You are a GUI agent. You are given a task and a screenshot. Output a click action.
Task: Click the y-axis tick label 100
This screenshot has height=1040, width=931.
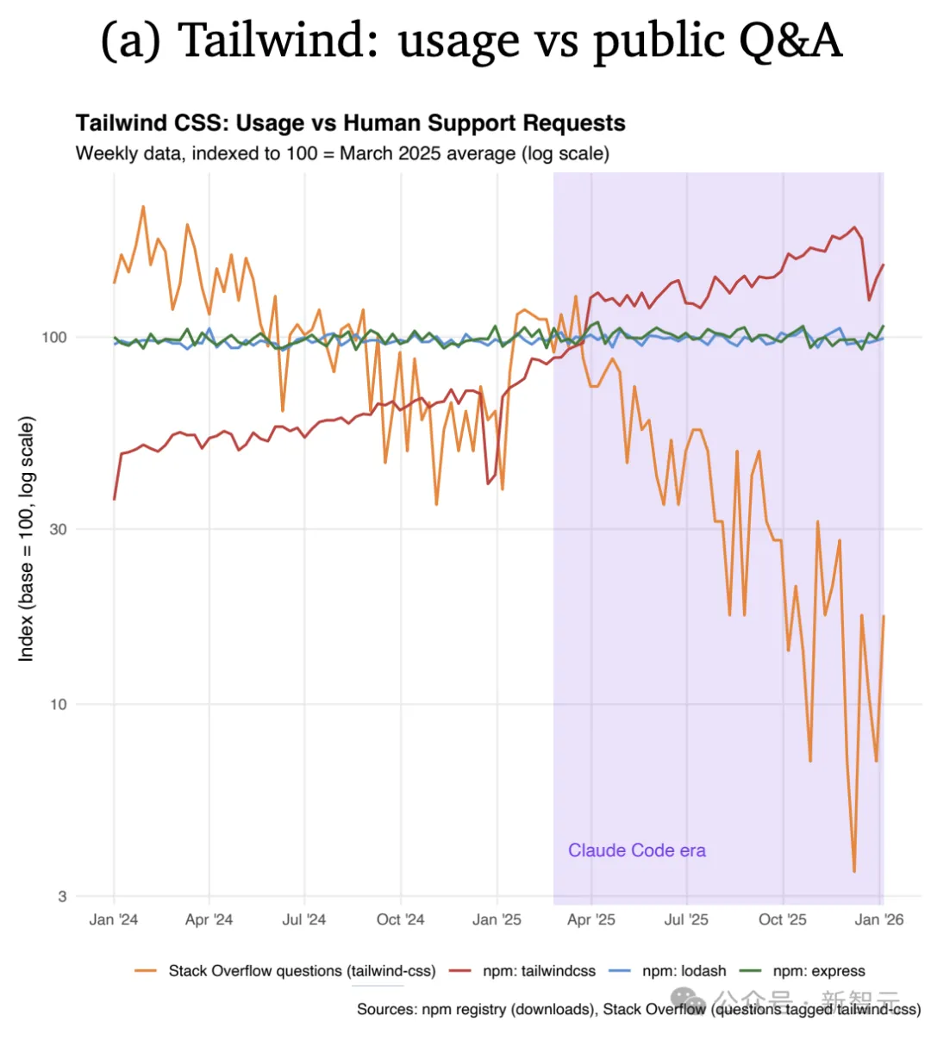coord(54,337)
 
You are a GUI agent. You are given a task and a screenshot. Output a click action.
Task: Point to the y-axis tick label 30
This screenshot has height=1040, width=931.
coord(58,529)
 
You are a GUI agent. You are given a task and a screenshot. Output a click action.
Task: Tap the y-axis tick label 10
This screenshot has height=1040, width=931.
coord(58,705)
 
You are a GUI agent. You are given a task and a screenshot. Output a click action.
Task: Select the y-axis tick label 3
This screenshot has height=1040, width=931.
coord(62,897)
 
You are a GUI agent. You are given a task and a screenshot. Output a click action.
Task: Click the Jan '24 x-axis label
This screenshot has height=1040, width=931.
coord(114,920)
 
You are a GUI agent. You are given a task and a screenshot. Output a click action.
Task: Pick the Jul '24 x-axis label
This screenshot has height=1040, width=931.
coord(304,920)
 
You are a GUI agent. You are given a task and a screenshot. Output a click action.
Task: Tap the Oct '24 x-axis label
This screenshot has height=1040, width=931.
coord(400,920)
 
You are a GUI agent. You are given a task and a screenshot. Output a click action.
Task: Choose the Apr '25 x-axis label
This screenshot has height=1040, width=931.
coord(591,920)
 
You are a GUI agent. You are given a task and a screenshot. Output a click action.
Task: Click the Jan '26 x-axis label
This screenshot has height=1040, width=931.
coord(879,920)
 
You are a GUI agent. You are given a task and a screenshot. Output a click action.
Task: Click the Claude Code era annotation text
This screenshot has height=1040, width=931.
coord(637,851)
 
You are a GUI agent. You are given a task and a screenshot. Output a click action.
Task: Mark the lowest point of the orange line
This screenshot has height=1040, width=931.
coord(854,871)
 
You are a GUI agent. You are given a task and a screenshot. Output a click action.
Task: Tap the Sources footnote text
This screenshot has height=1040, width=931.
coord(639,1009)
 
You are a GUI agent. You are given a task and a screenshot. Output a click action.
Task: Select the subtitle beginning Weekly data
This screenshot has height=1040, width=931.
coord(342,154)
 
